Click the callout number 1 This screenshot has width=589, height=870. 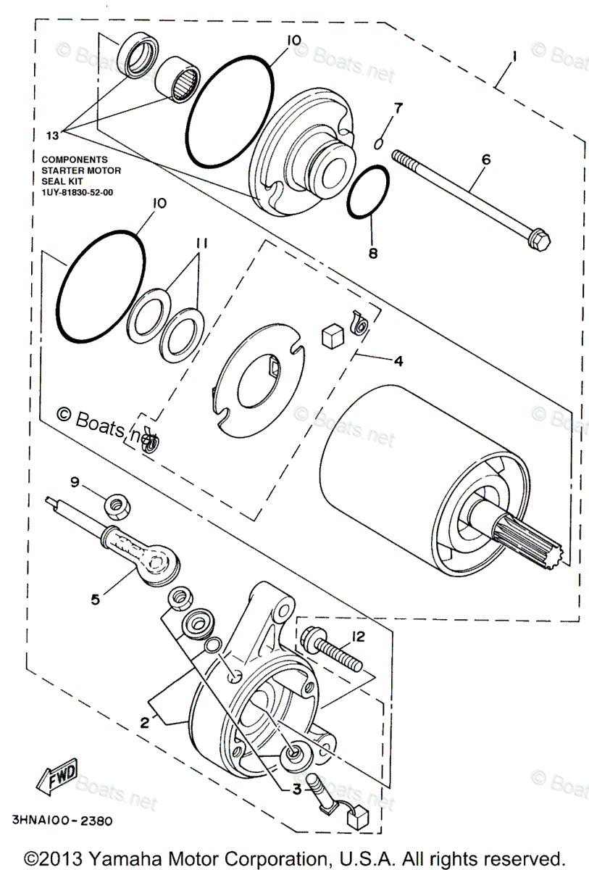click(514, 57)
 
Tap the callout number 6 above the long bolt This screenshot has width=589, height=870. click(485, 159)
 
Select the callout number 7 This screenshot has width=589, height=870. click(397, 109)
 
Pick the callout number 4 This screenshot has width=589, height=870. click(398, 360)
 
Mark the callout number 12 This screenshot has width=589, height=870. click(358, 637)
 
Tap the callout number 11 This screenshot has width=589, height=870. click(200, 245)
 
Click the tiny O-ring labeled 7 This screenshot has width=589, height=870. click(377, 143)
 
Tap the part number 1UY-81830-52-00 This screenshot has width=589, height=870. click(83, 193)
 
